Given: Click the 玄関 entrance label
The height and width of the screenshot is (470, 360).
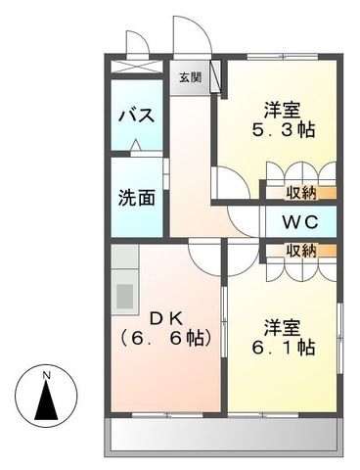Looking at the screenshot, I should click(190, 76).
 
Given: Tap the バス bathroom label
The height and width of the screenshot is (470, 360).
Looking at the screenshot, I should click(136, 116).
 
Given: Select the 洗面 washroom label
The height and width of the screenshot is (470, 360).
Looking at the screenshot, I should click(136, 196).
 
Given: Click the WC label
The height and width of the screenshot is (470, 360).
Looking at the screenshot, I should click(300, 221).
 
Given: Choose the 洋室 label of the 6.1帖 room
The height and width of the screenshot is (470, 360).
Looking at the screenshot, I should click(281, 324).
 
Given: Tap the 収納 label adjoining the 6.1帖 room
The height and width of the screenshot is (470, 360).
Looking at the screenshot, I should click(301, 252).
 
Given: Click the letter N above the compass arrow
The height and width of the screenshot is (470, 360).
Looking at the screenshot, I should click(46, 374).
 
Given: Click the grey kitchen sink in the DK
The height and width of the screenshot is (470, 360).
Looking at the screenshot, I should click(124, 294).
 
